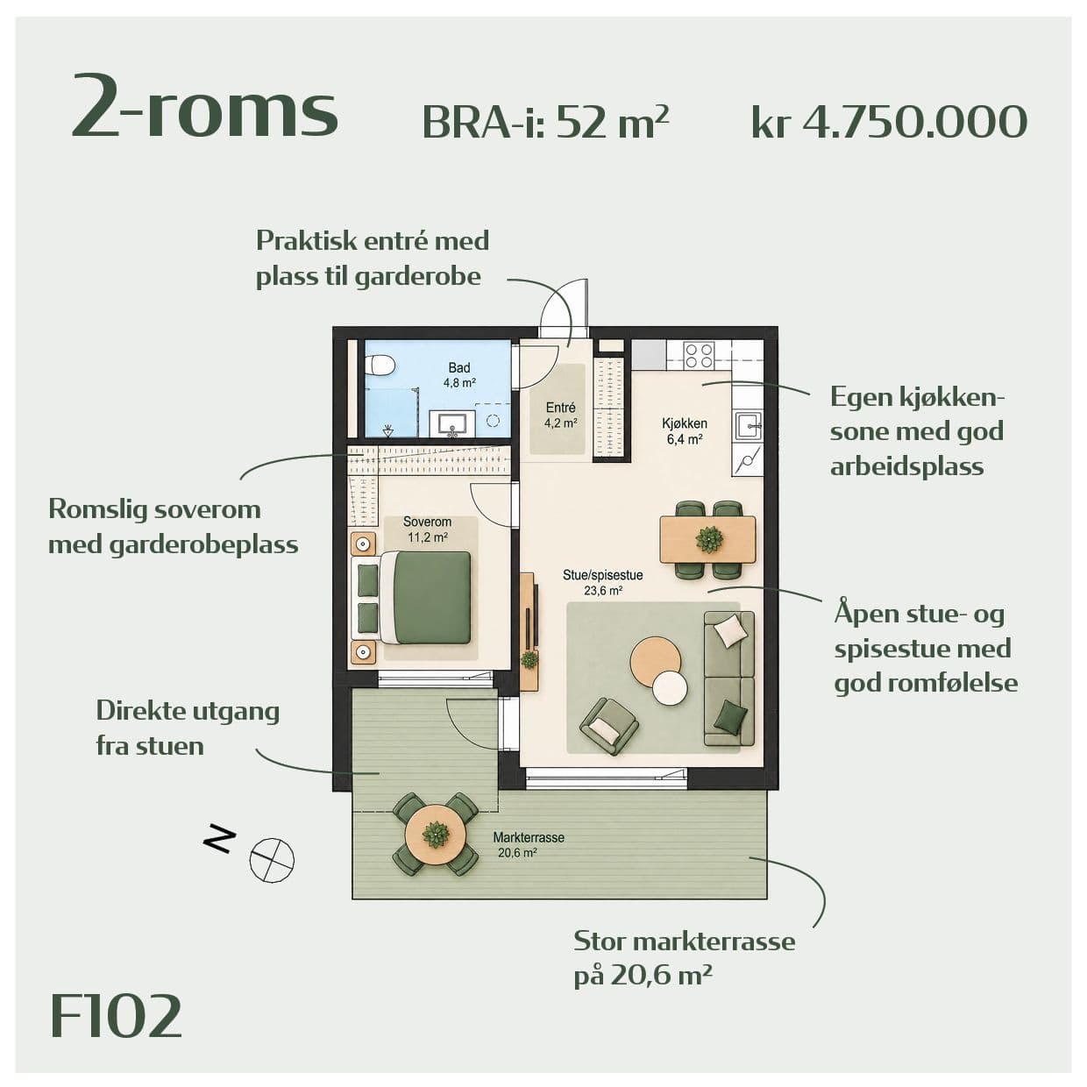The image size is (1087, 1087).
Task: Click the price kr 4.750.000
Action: [889, 122]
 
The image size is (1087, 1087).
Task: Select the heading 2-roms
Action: [205, 108]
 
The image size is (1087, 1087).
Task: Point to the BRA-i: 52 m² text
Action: [545, 122]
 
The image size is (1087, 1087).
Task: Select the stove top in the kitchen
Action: [699, 355]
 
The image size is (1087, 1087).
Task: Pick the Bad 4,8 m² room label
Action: [459, 375]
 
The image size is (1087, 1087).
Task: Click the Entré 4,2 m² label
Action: [561, 416]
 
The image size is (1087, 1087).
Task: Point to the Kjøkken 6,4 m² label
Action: [685, 431]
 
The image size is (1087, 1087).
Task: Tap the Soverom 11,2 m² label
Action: [427, 529]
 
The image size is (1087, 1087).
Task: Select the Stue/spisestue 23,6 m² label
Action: [603, 583]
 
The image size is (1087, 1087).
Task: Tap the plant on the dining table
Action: [708, 539]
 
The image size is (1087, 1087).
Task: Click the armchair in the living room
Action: [609, 726]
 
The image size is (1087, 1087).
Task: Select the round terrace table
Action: [436, 834]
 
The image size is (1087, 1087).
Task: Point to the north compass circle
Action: [272, 860]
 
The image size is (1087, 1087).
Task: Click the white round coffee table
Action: [670, 688]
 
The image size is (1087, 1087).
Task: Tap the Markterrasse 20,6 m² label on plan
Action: [529, 844]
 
